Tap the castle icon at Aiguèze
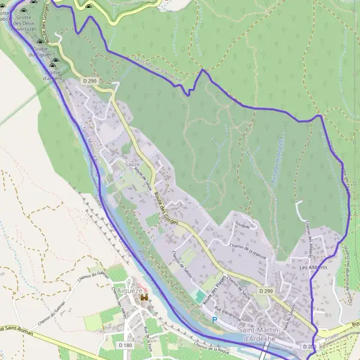(143, 298)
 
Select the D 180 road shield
(125, 346)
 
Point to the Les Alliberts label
(313, 268)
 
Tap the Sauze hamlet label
(133, 164)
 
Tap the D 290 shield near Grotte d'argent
(89, 81)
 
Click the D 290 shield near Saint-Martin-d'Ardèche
(266, 290)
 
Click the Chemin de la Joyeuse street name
(251, 248)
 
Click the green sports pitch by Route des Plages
(200, 297)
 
